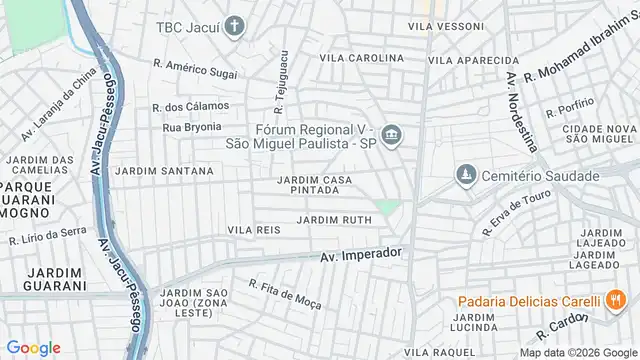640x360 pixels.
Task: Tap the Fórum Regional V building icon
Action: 391,135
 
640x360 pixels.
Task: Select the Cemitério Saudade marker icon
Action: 464,176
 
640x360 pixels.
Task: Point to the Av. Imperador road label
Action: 361,255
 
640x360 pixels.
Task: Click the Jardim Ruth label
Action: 334,220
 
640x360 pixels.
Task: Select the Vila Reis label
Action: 254,230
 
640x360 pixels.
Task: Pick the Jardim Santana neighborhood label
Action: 164,171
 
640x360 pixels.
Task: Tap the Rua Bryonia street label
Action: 191,128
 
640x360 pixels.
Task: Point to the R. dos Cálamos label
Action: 190,106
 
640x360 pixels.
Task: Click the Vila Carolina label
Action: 361,59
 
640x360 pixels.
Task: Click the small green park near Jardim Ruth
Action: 388,208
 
